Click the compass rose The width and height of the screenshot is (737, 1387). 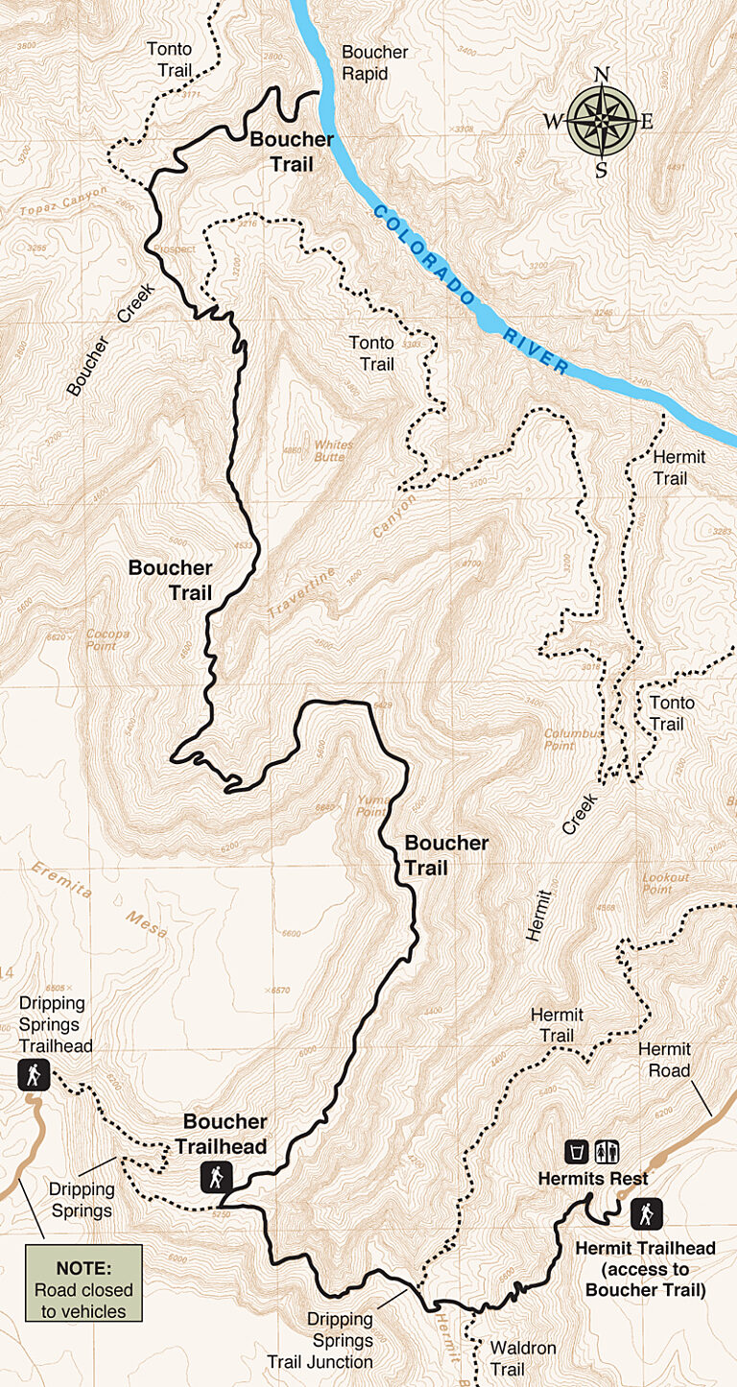click(602, 121)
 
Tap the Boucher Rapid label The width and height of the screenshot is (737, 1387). click(375, 62)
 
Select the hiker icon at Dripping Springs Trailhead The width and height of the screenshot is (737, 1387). click(34, 1075)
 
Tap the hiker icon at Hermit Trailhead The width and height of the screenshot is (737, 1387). click(647, 1214)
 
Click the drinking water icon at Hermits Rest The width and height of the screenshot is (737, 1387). click(577, 1151)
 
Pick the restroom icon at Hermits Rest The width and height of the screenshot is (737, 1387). click(607, 1151)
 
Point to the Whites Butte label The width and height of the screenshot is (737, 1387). click(334, 451)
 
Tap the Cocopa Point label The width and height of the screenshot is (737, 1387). click(107, 639)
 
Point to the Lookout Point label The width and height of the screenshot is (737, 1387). click(666, 883)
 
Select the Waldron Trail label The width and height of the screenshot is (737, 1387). click(523, 1358)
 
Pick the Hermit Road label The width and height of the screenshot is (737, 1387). click(664, 1060)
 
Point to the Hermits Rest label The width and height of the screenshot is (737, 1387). click(593, 1179)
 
